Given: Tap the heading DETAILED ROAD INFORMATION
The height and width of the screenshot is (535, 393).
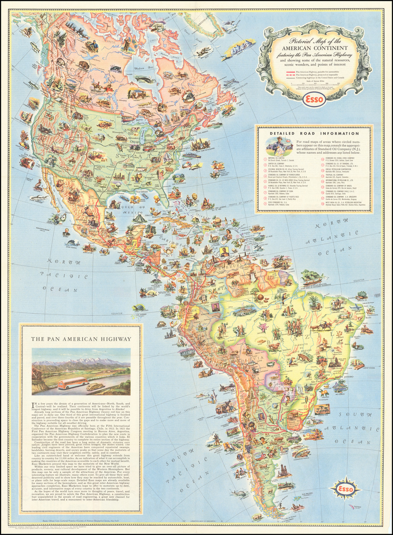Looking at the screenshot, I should (314, 133).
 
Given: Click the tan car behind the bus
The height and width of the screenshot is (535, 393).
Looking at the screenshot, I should (95, 385).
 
